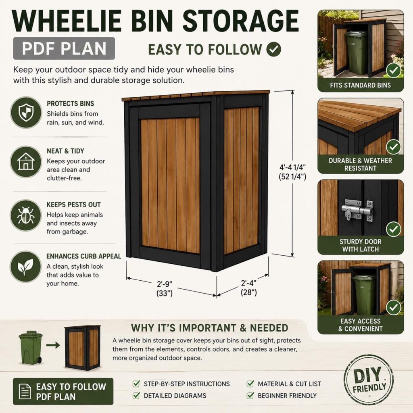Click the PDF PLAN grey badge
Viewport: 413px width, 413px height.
[64, 48]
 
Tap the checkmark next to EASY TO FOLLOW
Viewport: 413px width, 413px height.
[274, 49]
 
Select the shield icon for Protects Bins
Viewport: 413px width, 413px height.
[26, 113]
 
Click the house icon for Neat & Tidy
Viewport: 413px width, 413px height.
[26, 161]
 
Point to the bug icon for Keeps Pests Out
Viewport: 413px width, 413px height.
[26, 215]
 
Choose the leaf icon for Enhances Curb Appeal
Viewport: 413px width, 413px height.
[26, 267]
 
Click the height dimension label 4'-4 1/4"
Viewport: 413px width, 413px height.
[292, 167]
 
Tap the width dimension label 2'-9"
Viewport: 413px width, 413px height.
[165, 284]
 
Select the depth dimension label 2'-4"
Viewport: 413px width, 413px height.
[248, 283]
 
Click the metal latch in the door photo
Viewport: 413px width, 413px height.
[357, 210]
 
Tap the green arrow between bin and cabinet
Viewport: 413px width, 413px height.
[53, 345]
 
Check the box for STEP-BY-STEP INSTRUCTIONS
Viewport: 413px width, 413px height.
[136, 384]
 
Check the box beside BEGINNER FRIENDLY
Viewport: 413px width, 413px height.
[250, 395]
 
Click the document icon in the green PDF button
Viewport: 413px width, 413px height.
[25, 391]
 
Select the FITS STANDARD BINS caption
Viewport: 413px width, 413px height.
[360, 85]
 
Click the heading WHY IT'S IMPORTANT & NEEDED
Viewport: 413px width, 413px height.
[209, 328]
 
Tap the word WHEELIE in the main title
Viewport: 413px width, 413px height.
[67, 21]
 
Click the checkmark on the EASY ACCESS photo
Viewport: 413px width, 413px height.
[394, 307]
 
